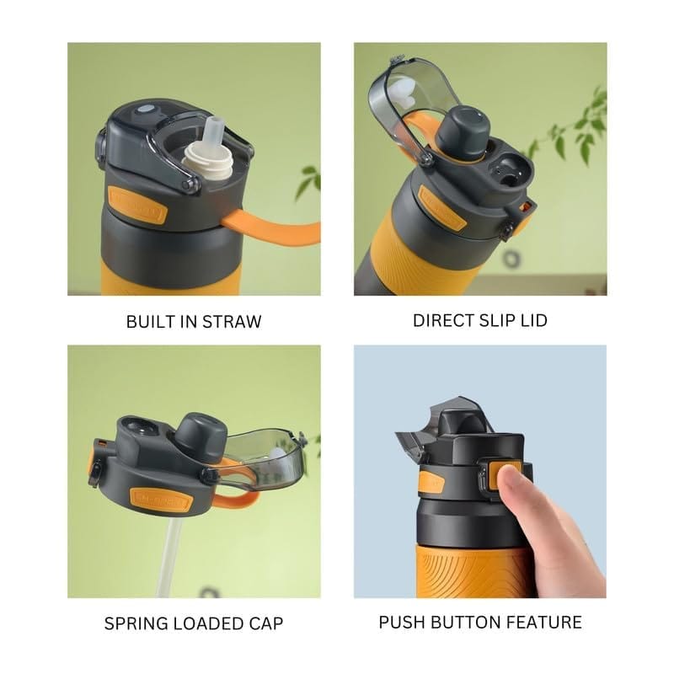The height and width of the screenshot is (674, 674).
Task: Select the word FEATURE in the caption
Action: tap(543, 623)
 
